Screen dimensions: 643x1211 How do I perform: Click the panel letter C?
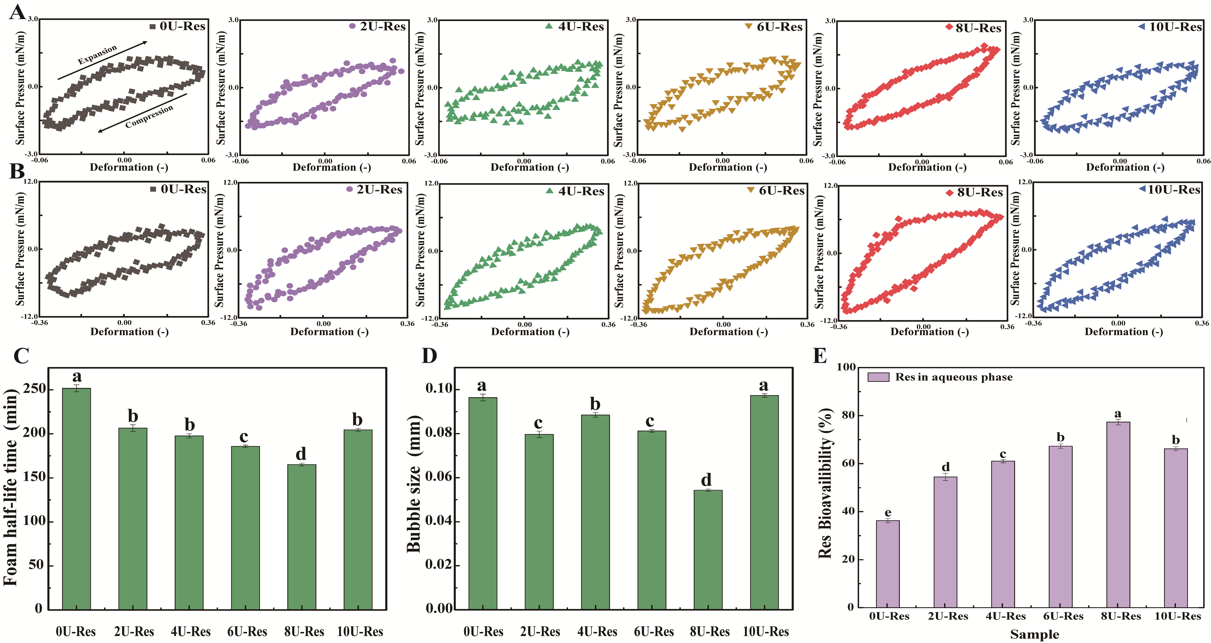click(21, 356)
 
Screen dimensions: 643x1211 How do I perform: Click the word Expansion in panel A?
click(97, 55)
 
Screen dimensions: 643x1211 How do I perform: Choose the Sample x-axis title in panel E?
click(1034, 634)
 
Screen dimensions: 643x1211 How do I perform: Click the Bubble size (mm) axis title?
click(414, 484)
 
